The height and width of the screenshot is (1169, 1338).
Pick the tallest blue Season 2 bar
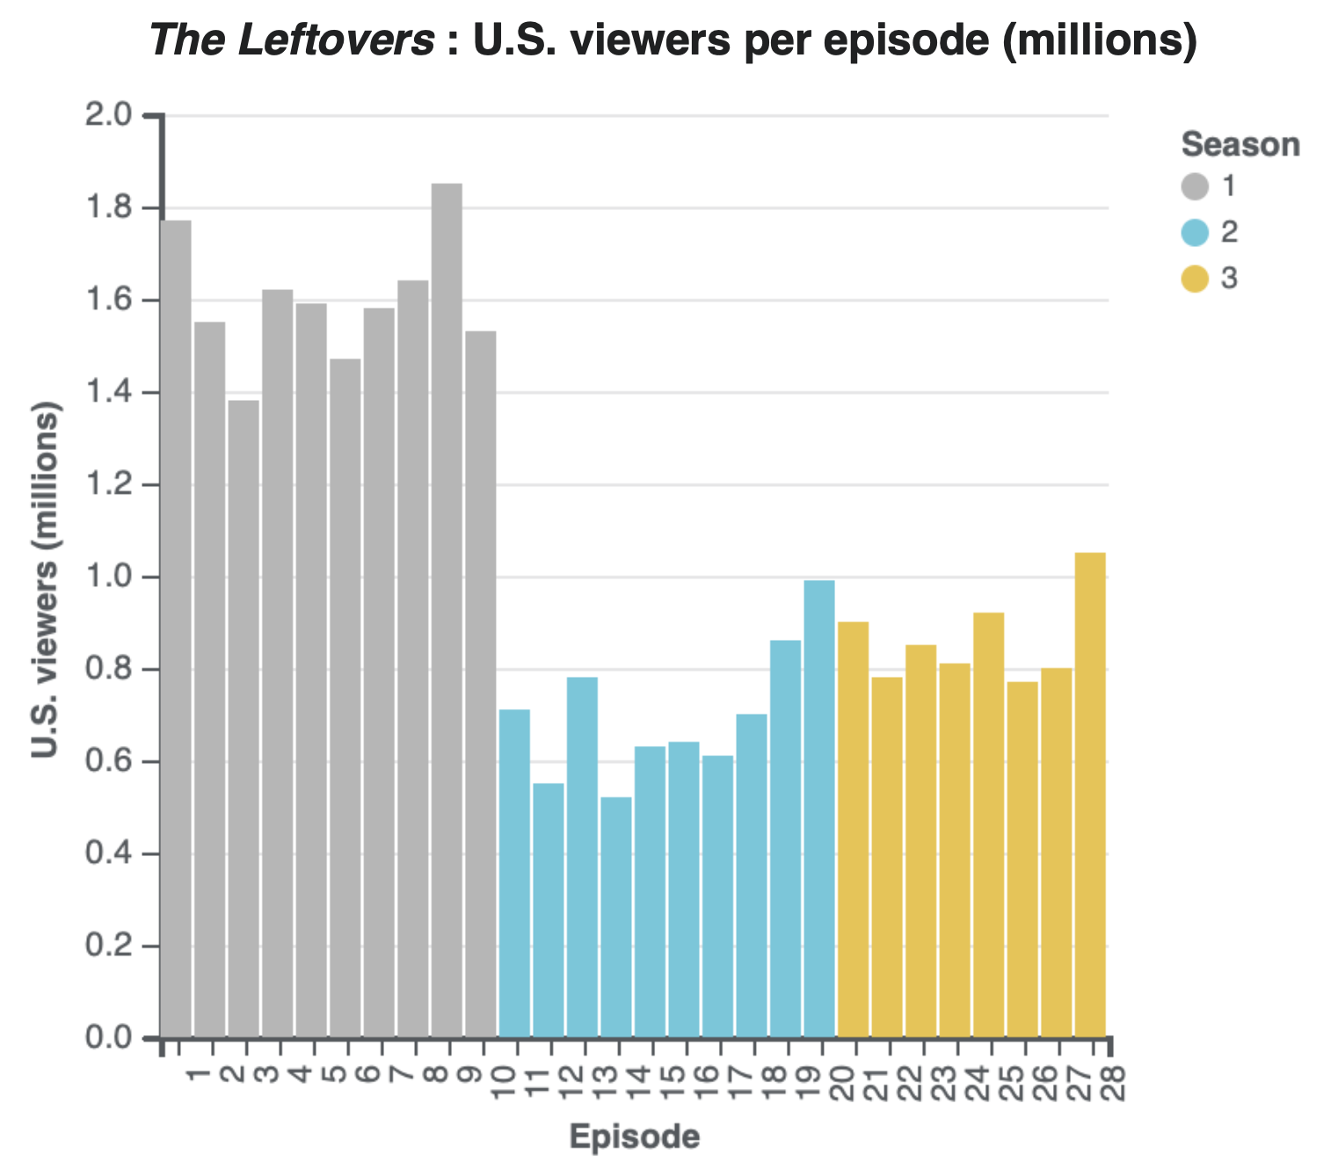point(819,809)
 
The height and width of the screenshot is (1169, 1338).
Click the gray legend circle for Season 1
point(1195,186)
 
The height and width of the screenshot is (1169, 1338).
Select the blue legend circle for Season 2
point(1195,233)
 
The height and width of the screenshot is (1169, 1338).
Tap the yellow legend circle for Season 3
point(1195,280)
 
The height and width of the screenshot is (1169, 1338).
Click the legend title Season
point(1240,145)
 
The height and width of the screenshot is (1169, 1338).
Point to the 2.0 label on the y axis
point(108,115)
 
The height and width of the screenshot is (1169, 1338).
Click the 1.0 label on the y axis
point(108,577)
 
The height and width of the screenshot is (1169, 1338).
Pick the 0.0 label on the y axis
point(108,1038)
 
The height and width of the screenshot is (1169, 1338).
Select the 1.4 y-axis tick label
point(108,393)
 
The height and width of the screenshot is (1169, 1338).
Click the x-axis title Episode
point(635,1136)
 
